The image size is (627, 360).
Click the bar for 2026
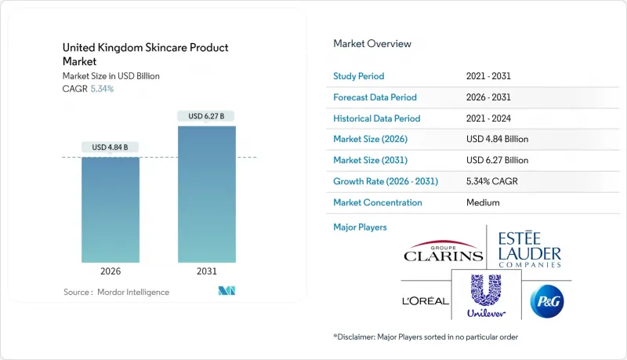[111, 209]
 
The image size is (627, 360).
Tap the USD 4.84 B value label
[111, 147]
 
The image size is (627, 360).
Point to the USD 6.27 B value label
[206, 117]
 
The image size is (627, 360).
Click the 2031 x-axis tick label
[206, 271]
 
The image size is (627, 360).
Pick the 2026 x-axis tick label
[111, 271]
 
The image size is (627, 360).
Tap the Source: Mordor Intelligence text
[116, 292]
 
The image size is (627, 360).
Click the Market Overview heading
[372, 44]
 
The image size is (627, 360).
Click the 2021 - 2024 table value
[491, 118]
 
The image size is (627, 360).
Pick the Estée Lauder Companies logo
[530, 247]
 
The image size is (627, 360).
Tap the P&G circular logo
[547, 300]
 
